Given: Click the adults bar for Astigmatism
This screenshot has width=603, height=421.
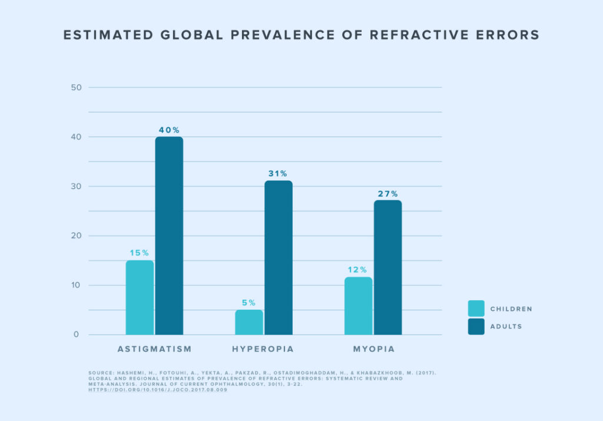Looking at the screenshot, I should [169, 236].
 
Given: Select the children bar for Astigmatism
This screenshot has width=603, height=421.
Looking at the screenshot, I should [140, 297].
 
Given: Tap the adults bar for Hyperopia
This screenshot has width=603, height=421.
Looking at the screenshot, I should [279, 257].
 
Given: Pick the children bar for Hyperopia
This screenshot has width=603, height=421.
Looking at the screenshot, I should [249, 322].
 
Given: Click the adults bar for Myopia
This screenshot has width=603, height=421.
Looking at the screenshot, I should [387, 267].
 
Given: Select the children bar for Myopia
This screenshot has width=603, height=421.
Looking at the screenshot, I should [358, 306].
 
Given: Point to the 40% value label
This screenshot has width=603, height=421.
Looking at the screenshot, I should [169, 130].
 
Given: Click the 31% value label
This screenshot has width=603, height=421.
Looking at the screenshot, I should [279, 174].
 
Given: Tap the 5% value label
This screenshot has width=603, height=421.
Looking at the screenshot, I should [249, 303].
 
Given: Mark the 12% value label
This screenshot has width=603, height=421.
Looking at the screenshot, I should [358, 270].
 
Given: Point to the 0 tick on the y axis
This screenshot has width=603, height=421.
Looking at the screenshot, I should [76, 334].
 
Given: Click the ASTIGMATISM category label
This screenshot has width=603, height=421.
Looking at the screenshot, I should [154, 349].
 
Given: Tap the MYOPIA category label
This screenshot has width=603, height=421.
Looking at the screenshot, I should [373, 349].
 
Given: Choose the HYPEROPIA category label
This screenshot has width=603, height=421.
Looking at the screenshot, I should [263, 349].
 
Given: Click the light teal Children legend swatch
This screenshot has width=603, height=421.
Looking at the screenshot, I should [476, 309].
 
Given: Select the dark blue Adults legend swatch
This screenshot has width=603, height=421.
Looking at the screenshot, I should [476, 326].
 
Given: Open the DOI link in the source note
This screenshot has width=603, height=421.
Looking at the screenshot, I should [157, 390].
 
